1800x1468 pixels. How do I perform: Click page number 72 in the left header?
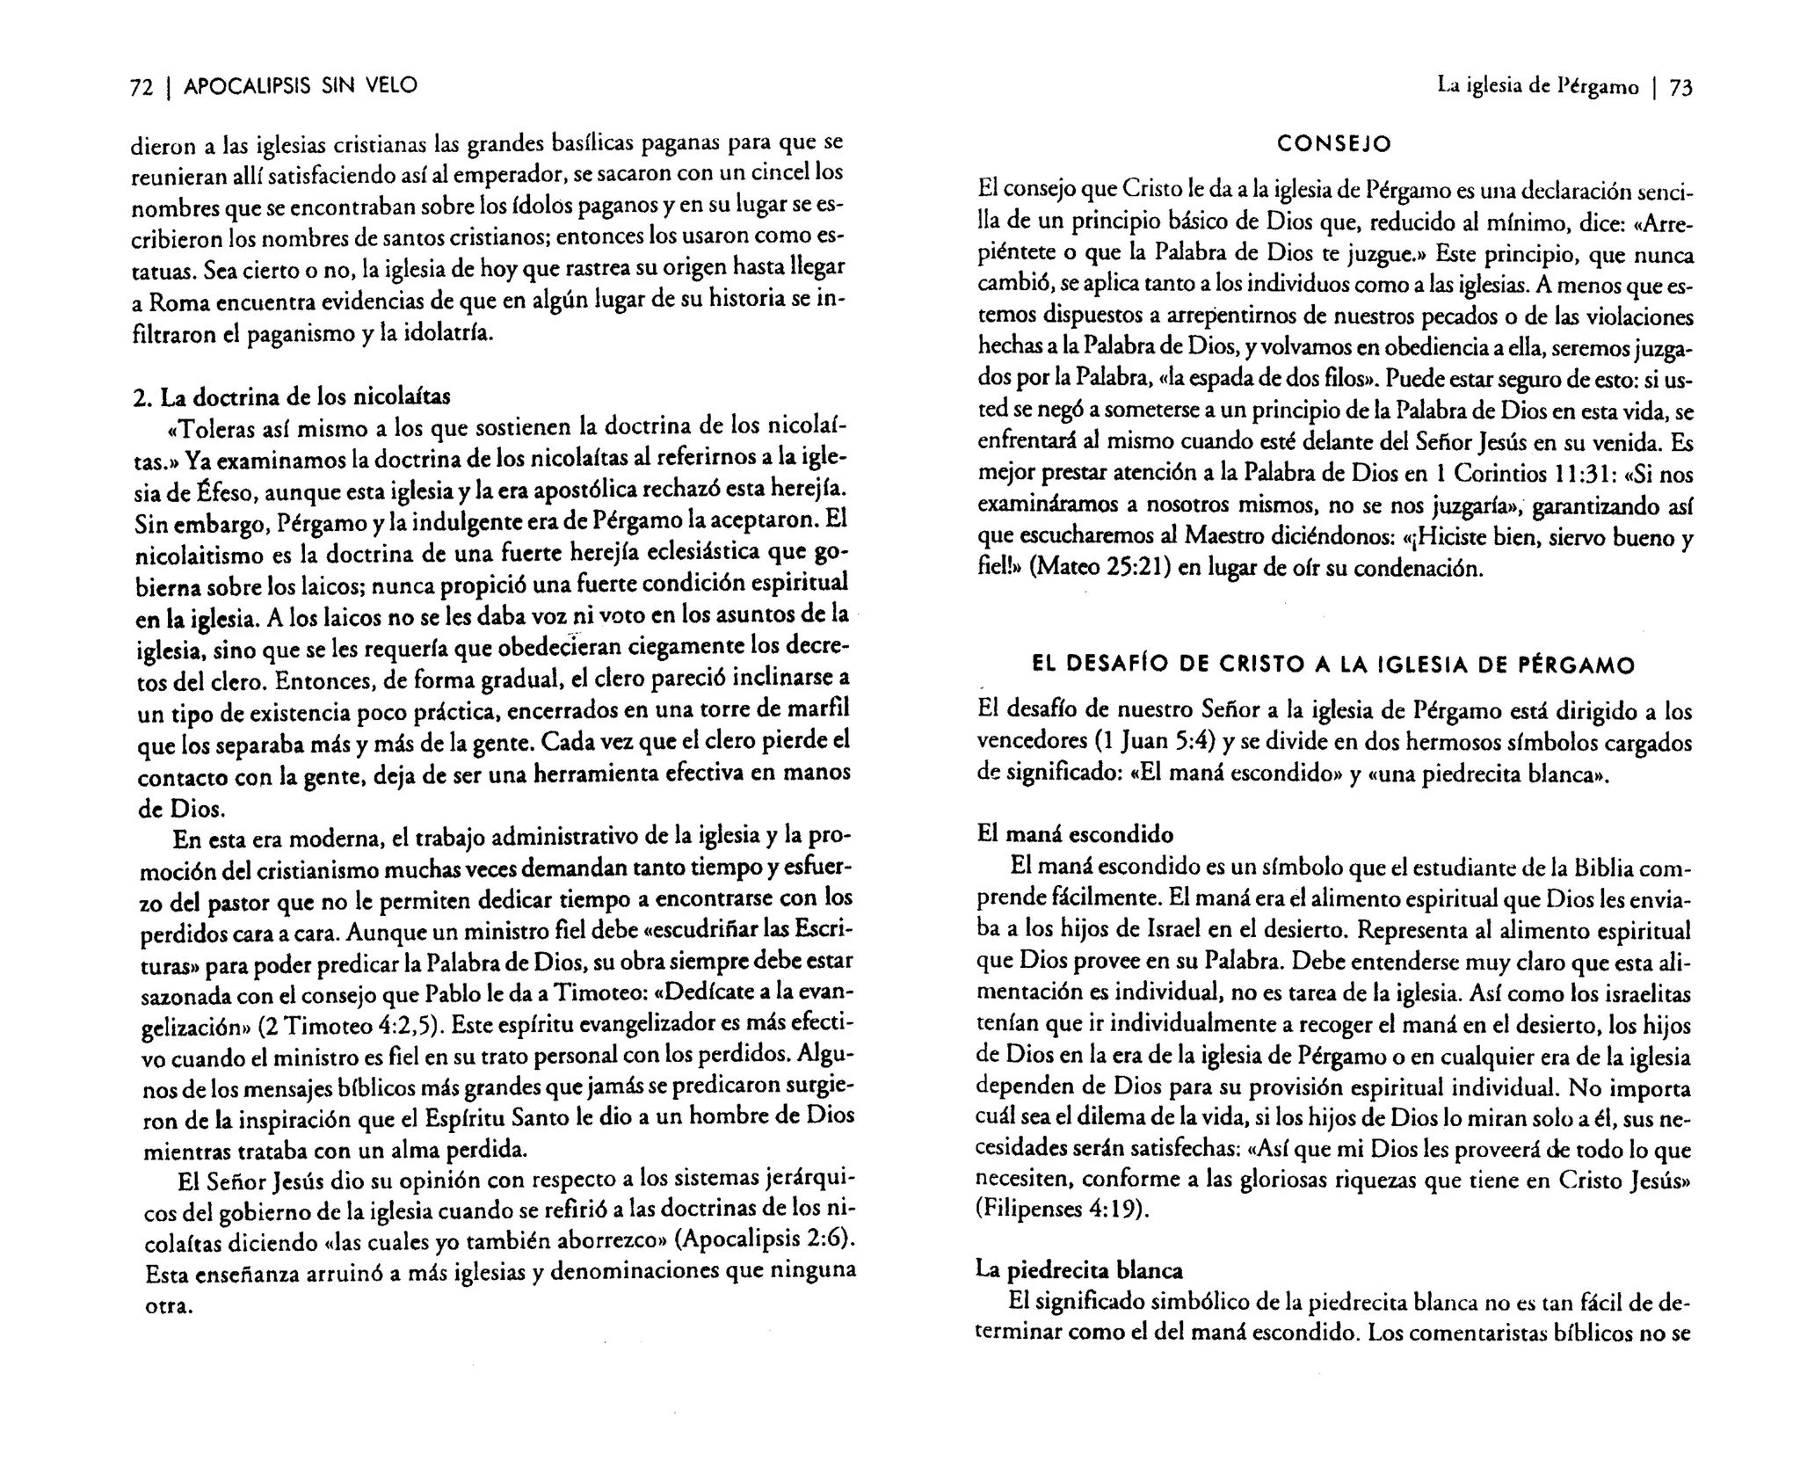(x=142, y=86)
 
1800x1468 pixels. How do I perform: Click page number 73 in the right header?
(x=1680, y=87)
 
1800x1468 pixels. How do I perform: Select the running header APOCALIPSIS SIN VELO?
(x=300, y=86)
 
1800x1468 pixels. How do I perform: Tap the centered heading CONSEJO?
(x=1334, y=142)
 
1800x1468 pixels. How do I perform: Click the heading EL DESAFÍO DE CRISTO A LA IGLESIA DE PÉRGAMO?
(x=1333, y=665)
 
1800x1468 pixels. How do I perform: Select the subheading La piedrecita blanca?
(x=1079, y=1269)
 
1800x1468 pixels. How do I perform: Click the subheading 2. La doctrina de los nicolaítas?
(x=291, y=396)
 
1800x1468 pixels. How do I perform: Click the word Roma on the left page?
(x=182, y=302)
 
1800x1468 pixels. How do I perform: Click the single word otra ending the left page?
(x=168, y=1305)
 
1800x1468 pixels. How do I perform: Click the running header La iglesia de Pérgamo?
(x=1537, y=87)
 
